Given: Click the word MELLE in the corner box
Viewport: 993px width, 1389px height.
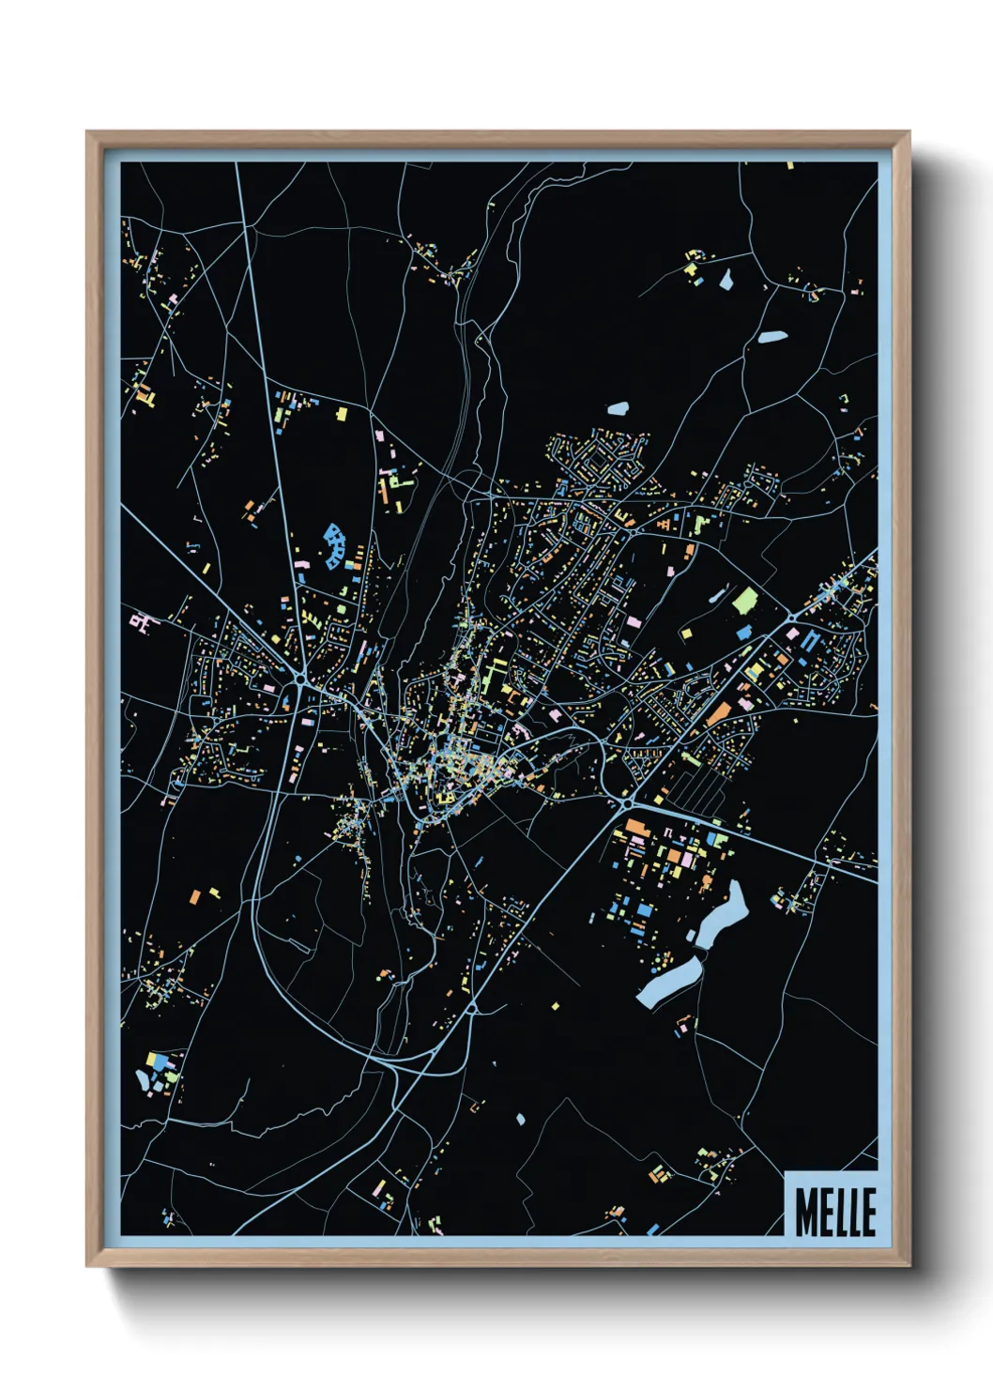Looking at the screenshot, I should [834, 1212].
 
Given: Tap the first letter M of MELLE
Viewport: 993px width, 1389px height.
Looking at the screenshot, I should [804, 1212].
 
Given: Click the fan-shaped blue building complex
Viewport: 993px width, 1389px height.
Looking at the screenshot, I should [333, 547].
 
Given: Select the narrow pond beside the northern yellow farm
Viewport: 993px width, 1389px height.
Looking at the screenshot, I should [725, 279].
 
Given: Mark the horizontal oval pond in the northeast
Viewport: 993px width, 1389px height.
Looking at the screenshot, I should [772, 336].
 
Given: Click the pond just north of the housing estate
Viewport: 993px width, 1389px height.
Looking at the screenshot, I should [618, 408].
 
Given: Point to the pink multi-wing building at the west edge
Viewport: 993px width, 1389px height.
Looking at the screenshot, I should [140, 620].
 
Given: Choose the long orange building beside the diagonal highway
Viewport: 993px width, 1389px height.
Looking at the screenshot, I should [718, 713].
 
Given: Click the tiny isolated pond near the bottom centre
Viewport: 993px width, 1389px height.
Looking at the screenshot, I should [520, 1118].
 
